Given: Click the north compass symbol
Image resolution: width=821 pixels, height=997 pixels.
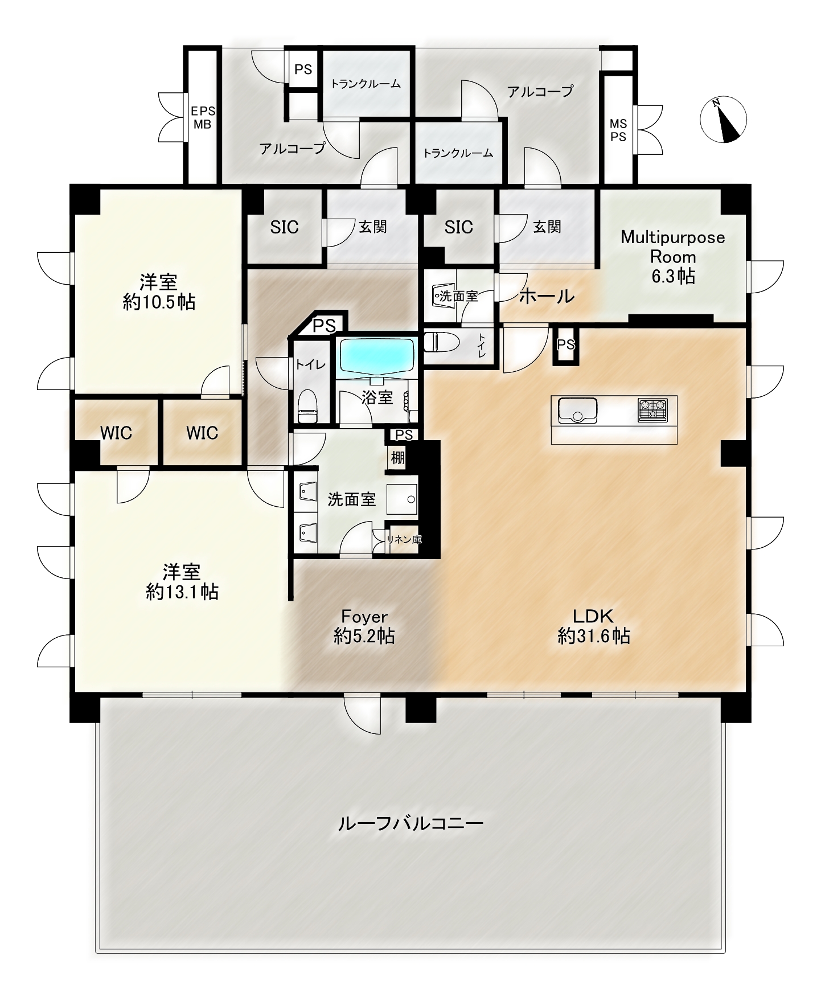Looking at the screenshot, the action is pyautogui.click(x=723, y=120).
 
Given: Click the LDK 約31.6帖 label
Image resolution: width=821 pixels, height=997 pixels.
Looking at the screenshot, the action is pyautogui.click(x=593, y=626).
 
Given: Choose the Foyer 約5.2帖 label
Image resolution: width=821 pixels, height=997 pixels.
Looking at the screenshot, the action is pyautogui.click(x=364, y=626).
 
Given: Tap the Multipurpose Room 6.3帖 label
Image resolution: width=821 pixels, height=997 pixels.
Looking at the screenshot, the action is pyautogui.click(x=673, y=256).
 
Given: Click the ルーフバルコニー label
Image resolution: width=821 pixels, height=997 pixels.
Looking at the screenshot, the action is pyautogui.click(x=410, y=823).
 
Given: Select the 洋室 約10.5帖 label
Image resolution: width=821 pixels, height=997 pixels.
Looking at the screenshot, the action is pyautogui.click(x=159, y=291).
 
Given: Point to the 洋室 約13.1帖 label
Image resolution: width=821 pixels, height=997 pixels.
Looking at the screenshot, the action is pyautogui.click(x=182, y=581).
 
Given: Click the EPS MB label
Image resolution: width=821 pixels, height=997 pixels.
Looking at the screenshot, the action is pyautogui.click(x=203, y=117).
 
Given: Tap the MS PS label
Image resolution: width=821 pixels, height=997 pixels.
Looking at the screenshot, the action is pyautogui.click(x=618, y=130).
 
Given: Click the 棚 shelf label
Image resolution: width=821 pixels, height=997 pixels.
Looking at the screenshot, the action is pyautogui.click(x=398, y=457).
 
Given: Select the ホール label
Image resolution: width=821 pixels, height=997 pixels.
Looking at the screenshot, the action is pyautogui.click(x=547, y=296).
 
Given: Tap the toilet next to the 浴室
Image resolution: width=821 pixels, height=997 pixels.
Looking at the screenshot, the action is pyautogui.click(x=308, y=405).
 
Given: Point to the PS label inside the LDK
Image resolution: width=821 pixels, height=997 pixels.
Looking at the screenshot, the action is pyautogui.click(x=566, y=344).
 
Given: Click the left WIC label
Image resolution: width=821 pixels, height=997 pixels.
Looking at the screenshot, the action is pyautogui.click(x=116, y=433).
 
